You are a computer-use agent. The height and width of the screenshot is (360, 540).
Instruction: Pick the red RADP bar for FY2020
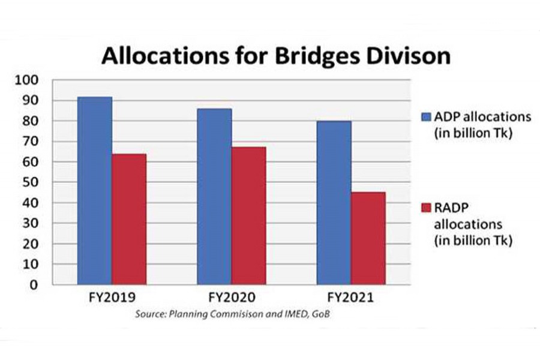[248, 215]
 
